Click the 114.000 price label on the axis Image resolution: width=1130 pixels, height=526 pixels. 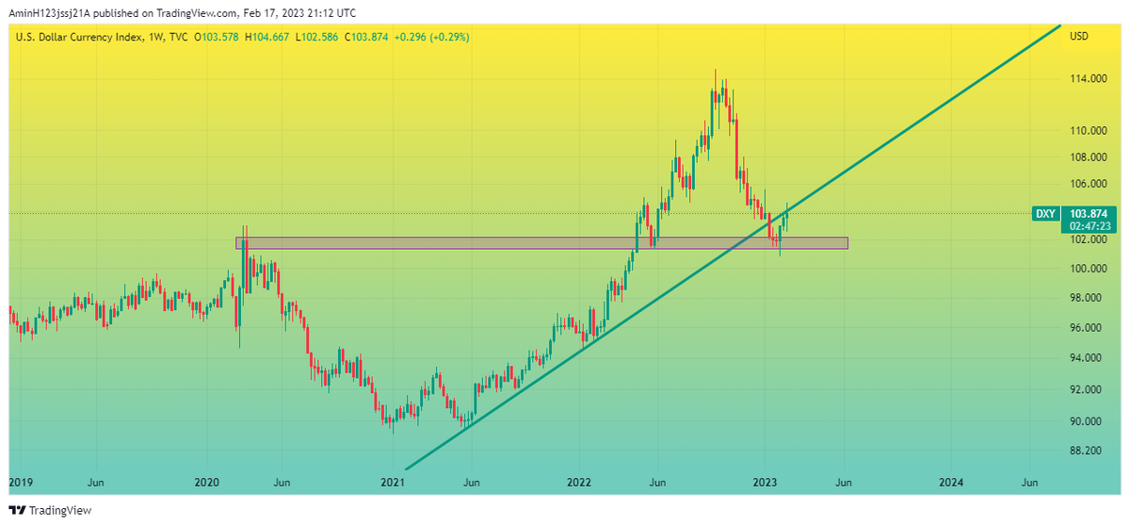tap(1088, 79)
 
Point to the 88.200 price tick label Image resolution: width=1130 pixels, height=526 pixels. tap(1088, 451)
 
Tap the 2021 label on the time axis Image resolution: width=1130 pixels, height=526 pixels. tap(392, 483)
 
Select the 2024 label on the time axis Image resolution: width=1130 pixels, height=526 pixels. tap(951, 483)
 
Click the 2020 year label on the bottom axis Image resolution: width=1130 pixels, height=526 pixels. tap(207, 483)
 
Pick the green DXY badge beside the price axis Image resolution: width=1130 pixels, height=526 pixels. tap(1045, 214)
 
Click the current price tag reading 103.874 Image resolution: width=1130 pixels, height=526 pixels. tap(1092, 214)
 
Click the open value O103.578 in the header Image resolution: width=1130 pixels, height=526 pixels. tap(218, 37)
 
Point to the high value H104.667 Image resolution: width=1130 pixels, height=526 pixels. tap(268, 37)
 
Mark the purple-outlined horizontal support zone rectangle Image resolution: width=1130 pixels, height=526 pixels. tap(541, 243)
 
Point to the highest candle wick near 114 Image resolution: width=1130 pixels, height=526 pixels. tap(715, 72)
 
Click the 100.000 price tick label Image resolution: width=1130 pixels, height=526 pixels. tap(1088, 269)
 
